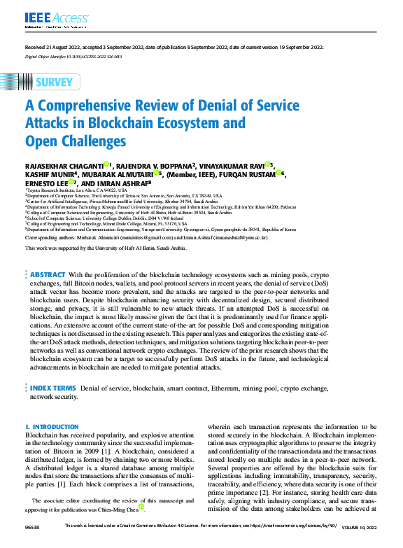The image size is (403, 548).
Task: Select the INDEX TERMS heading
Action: tap(53, 387)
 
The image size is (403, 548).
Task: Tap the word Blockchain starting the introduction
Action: tap(41, 435)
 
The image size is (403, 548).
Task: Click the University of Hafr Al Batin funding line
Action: tap(106, 248)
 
